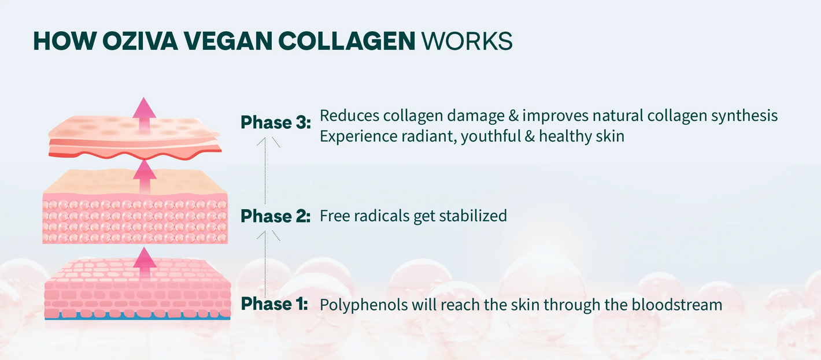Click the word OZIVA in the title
[x=140, y=40]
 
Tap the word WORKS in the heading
[x=467, y=40]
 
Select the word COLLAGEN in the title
[x=347, y=40]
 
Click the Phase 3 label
[x=276, y=123]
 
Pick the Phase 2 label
[x=276, y=216]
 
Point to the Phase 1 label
[x=274, y=304]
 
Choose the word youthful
[x=491, y=137]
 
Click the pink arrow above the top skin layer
[x=145, y=114]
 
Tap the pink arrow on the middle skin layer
[x=145, y=177]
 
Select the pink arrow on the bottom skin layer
[x=145, y=263]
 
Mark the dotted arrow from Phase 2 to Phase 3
[x=265, y=170]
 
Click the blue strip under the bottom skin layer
[x=138, y=318]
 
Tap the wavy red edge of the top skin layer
[x=136, y=155]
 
